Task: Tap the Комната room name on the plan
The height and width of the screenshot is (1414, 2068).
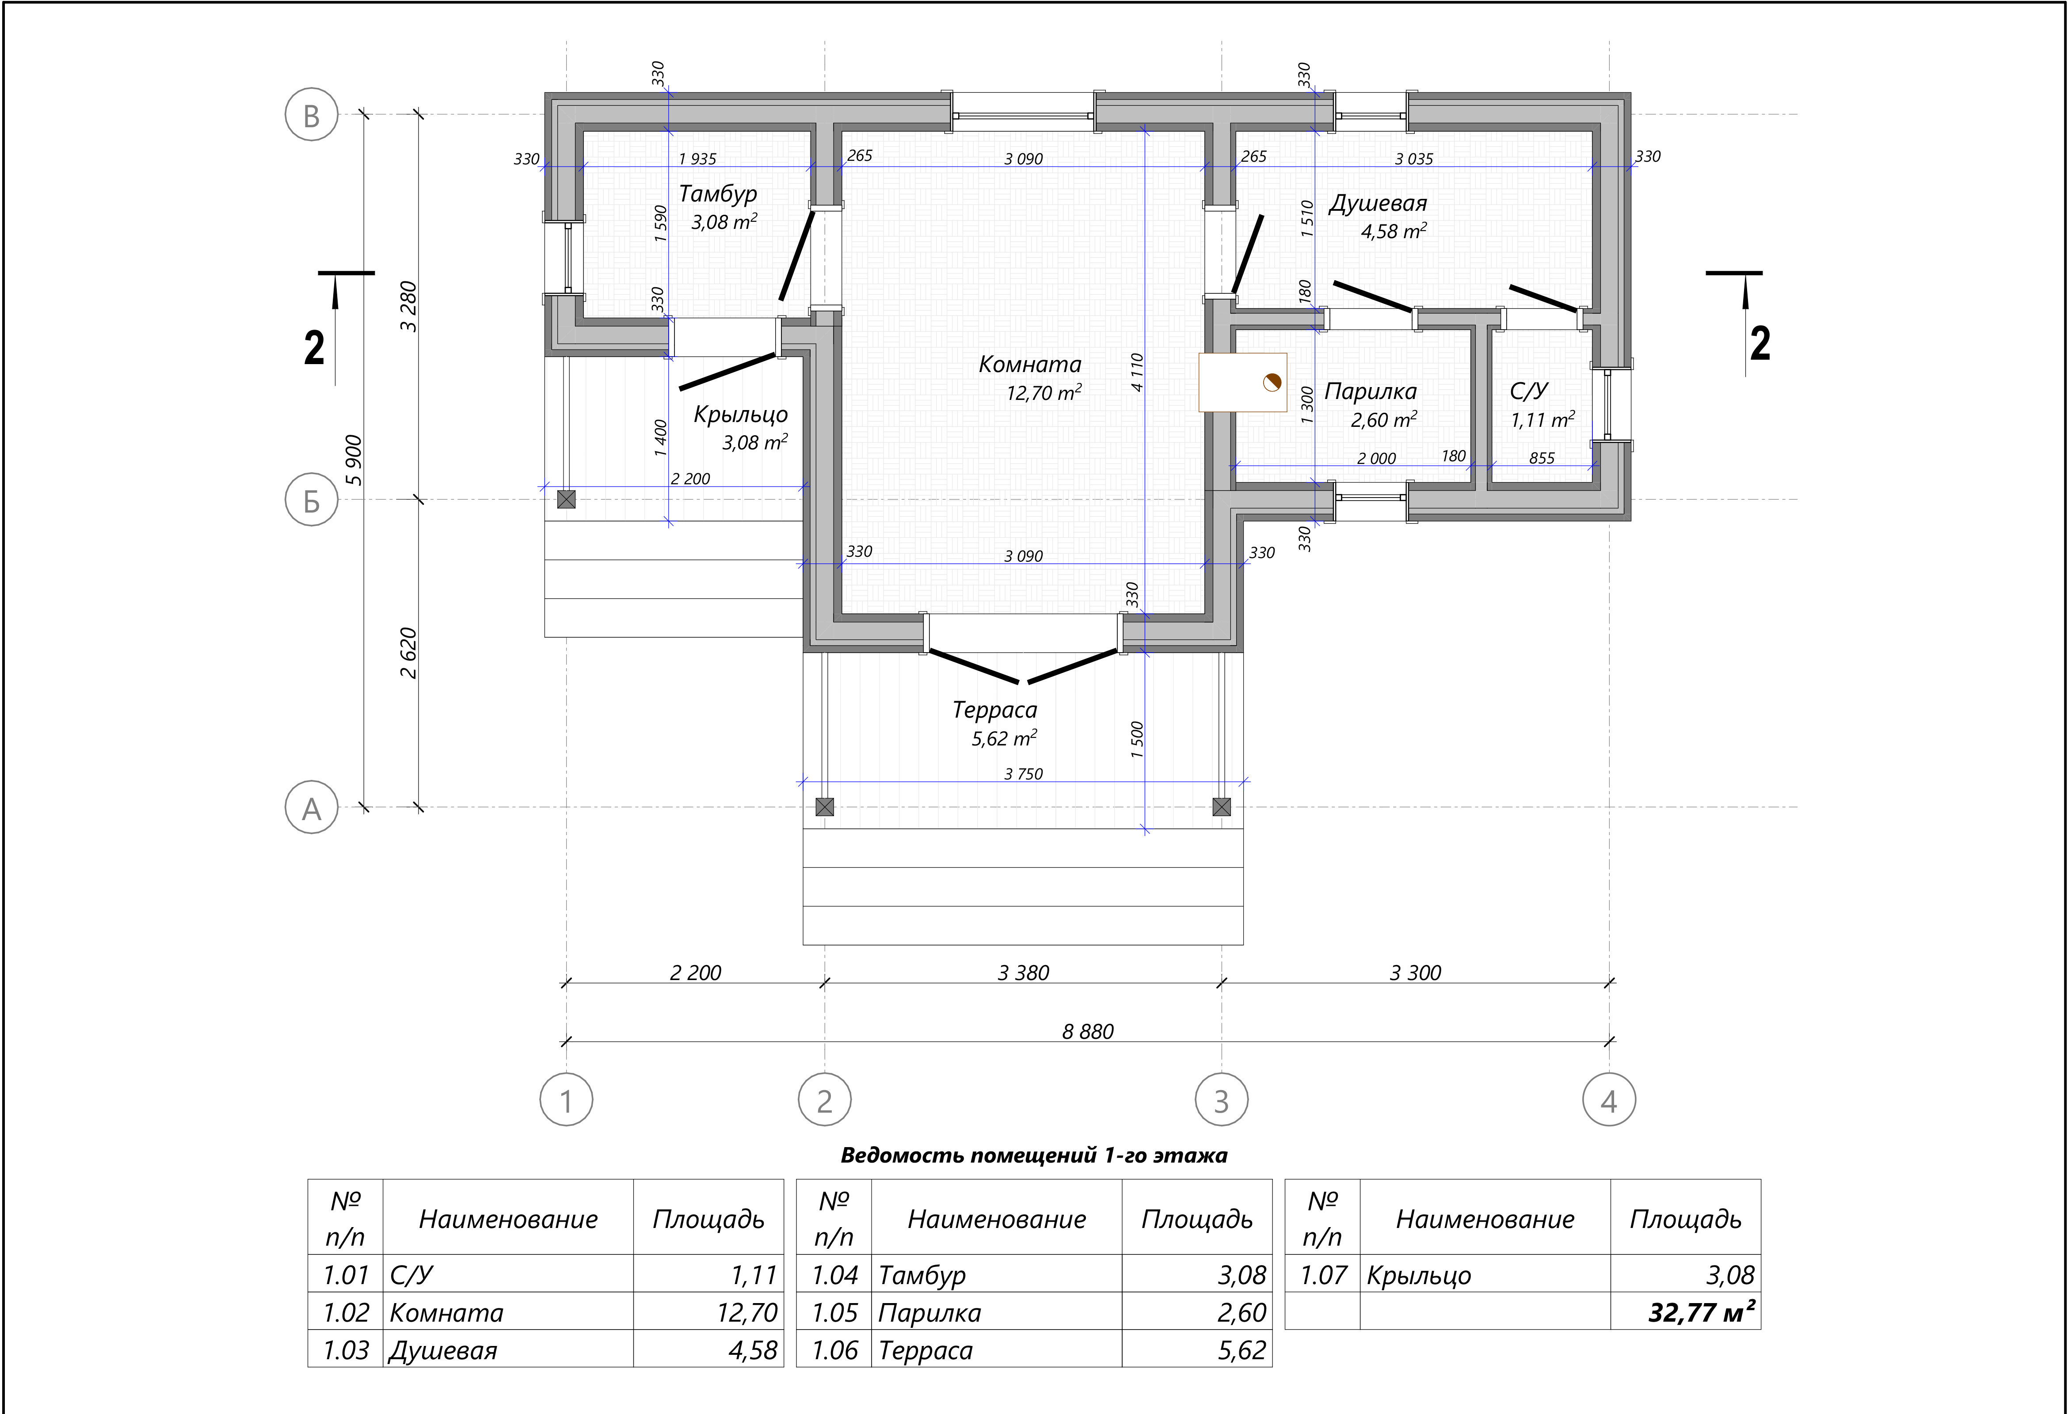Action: pyautogui.click(x=1029, y=364)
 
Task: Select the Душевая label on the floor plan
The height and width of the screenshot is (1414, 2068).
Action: pyautogui.click(x=1378, y=204)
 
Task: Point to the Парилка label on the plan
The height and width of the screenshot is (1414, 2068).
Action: pyautogui.click(x=1371, y=392)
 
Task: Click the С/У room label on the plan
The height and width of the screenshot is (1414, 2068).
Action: pyautogui.click(x=1529, y=392)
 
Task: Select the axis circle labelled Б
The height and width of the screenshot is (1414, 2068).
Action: pyautogui.click(x=312, y=500)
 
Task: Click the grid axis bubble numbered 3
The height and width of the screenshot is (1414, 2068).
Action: pyautogui.click(x=1221, y=1101)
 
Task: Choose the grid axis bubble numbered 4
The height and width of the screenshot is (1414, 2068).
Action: pyautogui.click(x=1609, y=1101)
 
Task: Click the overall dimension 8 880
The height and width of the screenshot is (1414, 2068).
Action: pyautogui.click(x=1087, y=1031)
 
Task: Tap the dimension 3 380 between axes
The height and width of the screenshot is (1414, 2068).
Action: pyautogui.click(x=1023, y=973)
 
